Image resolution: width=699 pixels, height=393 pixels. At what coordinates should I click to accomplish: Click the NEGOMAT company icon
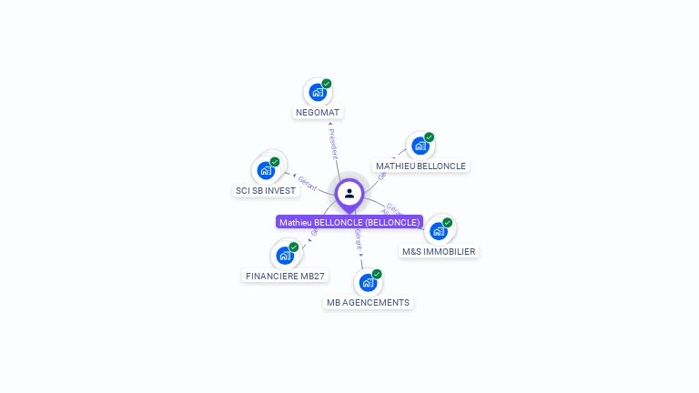(317, 92)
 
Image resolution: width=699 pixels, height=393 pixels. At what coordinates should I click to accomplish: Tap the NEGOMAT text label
(319, 113)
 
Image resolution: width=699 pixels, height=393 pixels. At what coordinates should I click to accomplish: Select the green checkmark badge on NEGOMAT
(327, 84)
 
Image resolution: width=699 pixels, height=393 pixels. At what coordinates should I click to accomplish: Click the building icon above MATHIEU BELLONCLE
(420, 146)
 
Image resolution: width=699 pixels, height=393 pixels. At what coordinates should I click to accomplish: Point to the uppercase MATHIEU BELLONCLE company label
(420, 166)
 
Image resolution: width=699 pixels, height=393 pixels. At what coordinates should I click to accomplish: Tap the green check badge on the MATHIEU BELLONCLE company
(430, 137)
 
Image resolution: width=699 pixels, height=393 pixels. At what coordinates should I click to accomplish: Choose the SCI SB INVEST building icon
(266, 170)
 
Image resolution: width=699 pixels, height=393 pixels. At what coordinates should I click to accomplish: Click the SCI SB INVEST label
(266, 191)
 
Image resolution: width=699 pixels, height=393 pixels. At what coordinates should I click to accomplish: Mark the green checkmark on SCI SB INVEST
(275, 162)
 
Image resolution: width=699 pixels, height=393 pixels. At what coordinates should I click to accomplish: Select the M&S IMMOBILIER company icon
(438, 230)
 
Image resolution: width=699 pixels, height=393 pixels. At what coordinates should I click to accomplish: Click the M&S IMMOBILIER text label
(439, 251)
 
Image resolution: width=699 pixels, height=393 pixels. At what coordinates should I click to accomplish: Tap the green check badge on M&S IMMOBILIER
(448, 222)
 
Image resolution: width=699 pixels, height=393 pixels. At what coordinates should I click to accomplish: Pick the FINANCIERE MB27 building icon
(285, 255)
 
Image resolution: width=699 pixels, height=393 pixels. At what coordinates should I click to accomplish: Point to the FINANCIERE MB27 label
(285, 276)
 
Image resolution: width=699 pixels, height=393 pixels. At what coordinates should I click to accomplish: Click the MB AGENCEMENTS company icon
(368, 282)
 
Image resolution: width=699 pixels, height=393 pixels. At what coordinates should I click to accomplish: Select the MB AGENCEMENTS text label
(369, 303)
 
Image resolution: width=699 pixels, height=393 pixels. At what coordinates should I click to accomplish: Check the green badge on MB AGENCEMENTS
(377, 274)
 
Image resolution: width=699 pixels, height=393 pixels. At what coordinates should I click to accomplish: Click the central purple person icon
(349, 193)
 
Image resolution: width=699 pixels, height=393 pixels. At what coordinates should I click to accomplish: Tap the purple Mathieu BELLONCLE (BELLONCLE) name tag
(349, 222)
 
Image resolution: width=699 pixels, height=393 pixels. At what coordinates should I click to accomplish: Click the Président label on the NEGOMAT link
(333, 144)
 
